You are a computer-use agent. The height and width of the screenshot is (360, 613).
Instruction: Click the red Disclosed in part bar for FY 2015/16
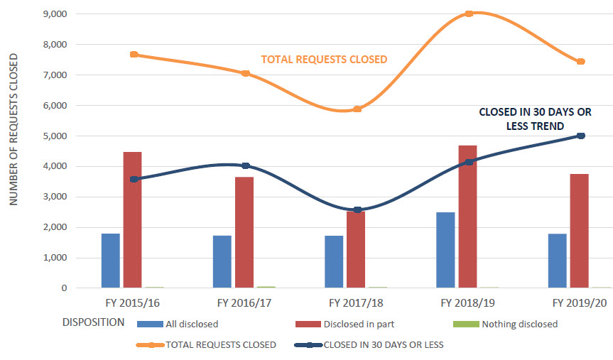click(x=132, y=220)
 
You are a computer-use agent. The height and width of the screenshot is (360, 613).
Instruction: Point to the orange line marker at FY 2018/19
click(x=469, y=13)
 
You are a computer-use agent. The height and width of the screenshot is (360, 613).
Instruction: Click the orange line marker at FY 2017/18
click(x=357, y=109)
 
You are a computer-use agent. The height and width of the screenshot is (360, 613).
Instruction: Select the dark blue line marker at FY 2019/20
click(x=580, y=136)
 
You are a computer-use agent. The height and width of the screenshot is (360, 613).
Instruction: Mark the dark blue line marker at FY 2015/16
click(x=134, y=179)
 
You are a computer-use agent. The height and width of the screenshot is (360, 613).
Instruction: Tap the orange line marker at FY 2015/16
click(x=134, y=55)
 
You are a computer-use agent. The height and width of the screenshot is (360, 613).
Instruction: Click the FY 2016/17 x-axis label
click(x=245, y=303)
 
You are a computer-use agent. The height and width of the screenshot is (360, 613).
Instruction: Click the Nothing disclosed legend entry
click(x=519, y=324)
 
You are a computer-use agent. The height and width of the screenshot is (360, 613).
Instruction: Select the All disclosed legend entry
click(x=192, y=324)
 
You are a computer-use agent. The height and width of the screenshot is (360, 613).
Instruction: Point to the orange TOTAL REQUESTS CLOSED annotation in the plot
click(x=324, y=60)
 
